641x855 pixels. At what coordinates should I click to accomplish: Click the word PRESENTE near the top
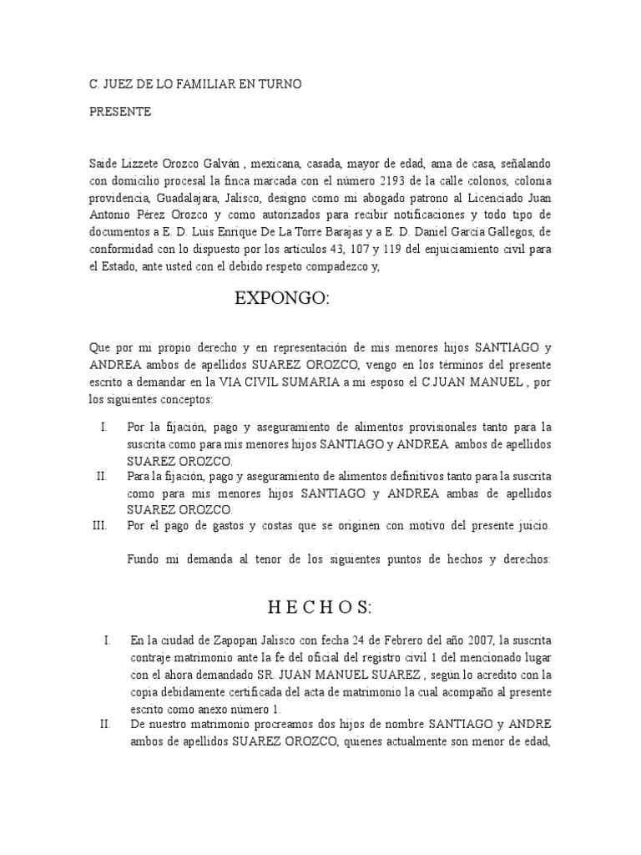[120, 112]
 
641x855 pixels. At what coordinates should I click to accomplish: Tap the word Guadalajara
[186, 199]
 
